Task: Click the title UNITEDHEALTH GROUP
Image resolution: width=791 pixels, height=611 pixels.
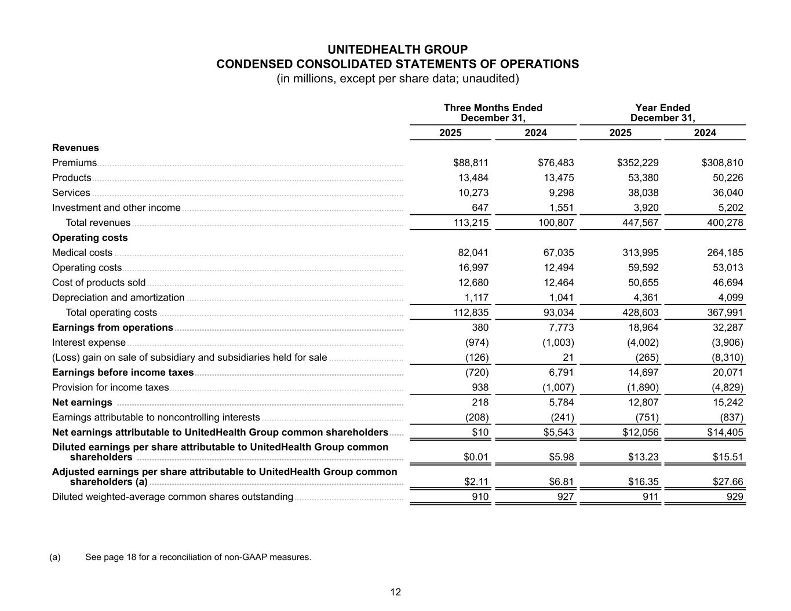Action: [397, 49]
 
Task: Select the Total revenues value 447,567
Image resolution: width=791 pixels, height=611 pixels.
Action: [638, 223]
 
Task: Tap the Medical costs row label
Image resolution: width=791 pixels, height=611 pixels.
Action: [82, 253]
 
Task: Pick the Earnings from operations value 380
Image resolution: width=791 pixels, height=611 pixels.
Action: [480, 328]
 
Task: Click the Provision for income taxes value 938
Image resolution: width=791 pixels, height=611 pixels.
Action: [480, 387]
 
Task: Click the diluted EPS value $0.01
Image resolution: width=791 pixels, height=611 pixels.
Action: [476, 457]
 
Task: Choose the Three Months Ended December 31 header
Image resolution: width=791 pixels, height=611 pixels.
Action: [493, 113]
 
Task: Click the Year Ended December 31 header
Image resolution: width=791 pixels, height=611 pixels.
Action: [662, 113]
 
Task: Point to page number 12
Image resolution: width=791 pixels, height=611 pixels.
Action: [395, 592]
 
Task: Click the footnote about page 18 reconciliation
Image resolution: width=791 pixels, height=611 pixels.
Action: [198, 557]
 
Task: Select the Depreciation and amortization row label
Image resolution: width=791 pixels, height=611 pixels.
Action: [118, 298]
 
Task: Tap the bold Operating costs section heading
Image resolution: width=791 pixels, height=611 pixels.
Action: [90, 237]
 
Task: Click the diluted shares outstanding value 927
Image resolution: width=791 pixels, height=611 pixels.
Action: [565, 497]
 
